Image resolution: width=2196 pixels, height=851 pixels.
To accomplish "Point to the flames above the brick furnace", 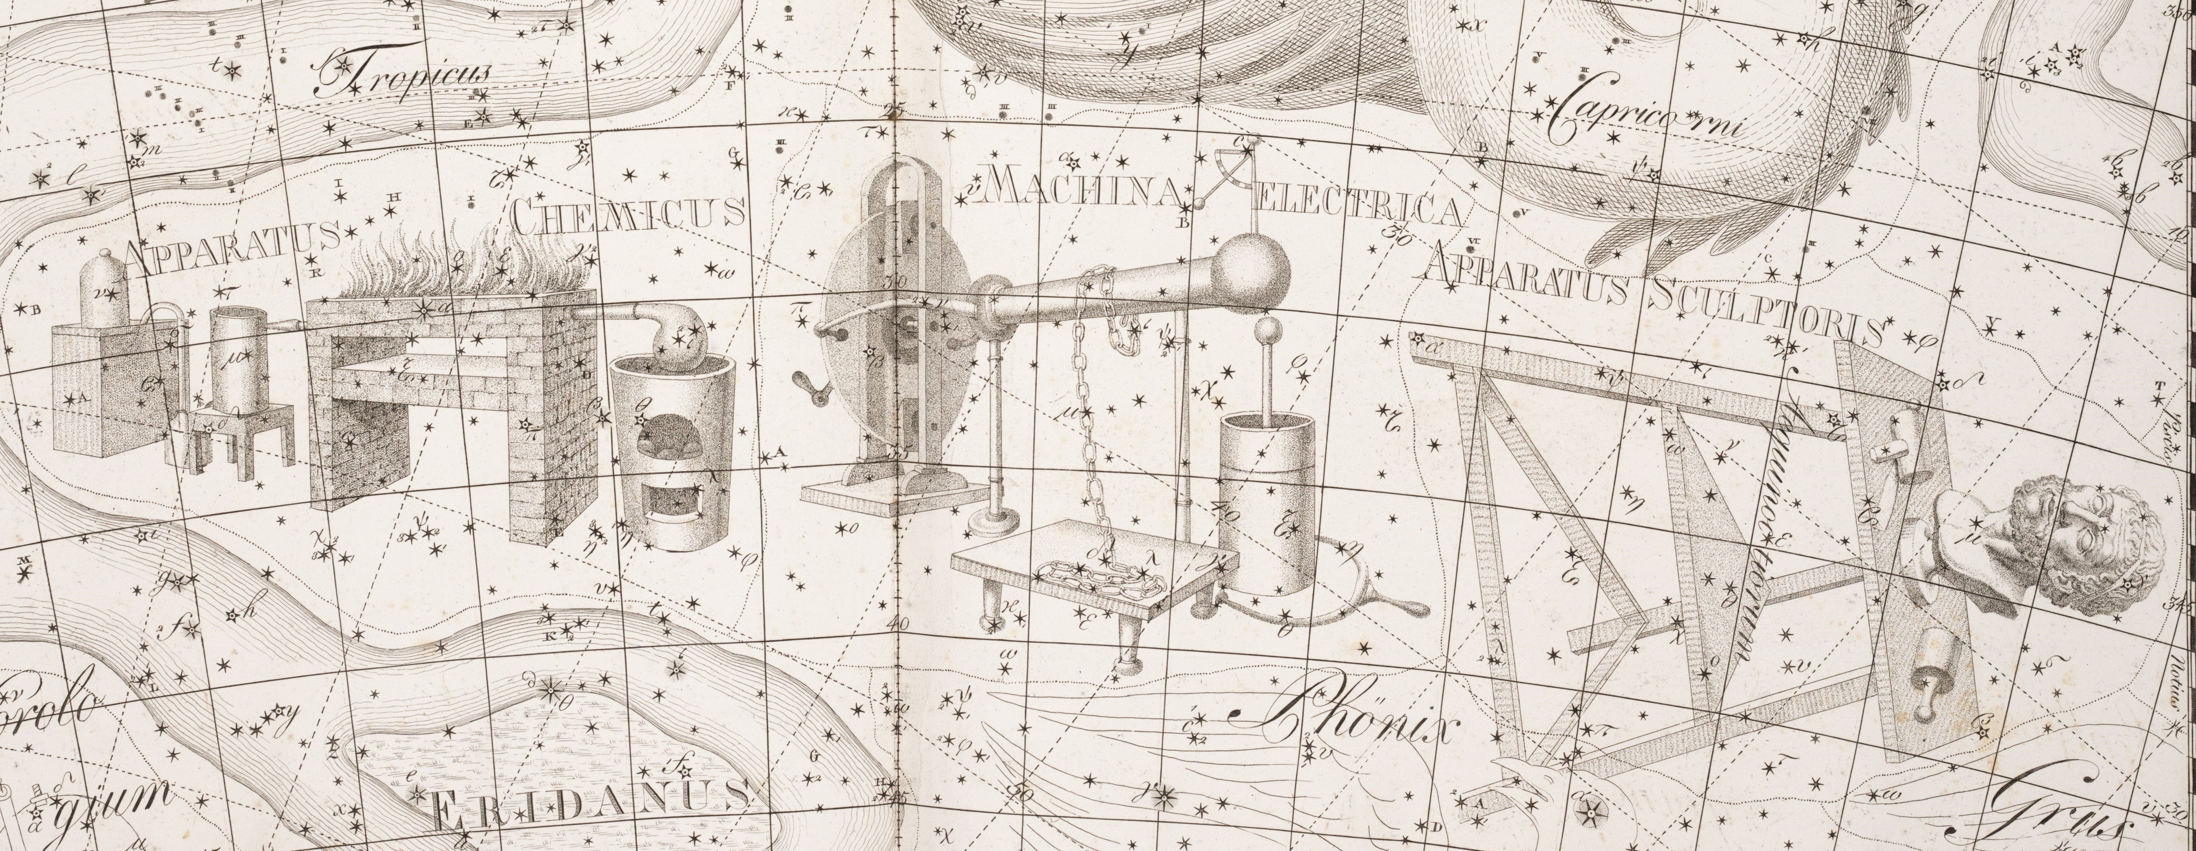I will [452, 264].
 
